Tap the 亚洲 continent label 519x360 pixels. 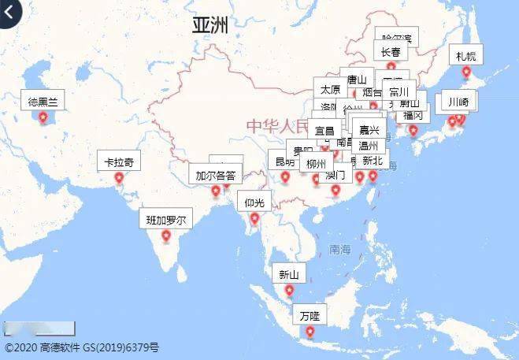coord(210,25)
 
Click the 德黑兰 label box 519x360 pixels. coord(43,101)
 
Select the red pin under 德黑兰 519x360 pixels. coord(43,118)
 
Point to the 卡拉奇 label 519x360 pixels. coord(120,162)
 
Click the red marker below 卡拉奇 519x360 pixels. coord(120,178)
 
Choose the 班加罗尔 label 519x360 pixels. coord(165,220)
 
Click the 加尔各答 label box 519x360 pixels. coord(215,175)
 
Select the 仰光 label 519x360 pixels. coord(254,202)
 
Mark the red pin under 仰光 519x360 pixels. coord(254,218)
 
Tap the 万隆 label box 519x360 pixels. coord(310,316)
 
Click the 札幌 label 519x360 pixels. coord(465,56)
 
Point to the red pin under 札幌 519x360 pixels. coord(465,73)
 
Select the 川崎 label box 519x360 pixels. coord(458,102)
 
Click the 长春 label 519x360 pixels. coord(391,53)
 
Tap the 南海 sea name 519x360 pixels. coord(340,249)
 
